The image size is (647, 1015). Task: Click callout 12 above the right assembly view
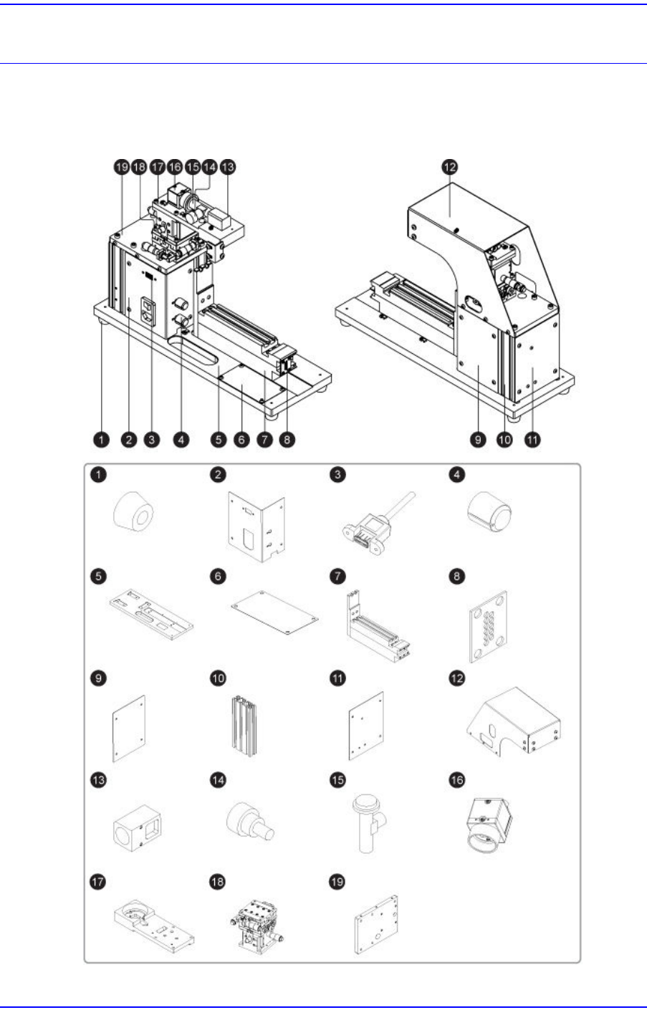pos(449,167)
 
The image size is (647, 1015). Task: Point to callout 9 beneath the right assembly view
pos(479,439)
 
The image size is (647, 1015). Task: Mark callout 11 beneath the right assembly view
pos(532,439)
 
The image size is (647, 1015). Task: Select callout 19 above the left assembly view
pos(121,167)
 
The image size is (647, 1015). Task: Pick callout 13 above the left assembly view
pos(227,167)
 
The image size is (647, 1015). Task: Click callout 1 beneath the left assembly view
pos(102,439)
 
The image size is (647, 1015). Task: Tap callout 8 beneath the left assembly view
pos(287,439)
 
